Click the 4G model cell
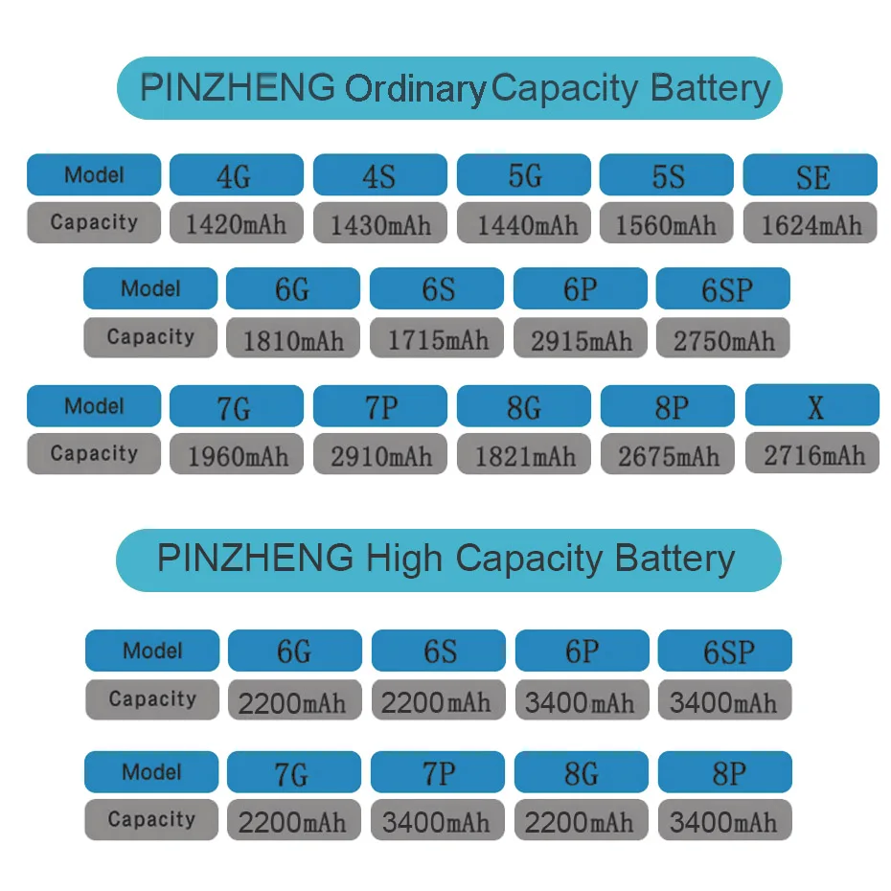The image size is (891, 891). tap(236, 175)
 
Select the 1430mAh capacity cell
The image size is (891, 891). tap(380, 224)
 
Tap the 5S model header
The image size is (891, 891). tap(667, 175)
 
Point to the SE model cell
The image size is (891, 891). tap(811, 175)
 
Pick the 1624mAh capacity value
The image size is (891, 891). tap(811, 224)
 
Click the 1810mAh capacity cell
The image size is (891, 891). tap(293, 339)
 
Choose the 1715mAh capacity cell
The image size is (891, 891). tap(437, 339)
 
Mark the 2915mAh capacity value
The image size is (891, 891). tap(581, 339)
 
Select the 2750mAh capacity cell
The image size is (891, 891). tap(723, 339)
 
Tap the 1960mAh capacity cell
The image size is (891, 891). tap(237, 455)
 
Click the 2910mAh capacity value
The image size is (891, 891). tap(380, 455)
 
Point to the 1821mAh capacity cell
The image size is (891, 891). tap(524, 455)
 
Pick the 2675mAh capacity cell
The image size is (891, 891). tap(668, 455)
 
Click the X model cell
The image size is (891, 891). tap(812, 406)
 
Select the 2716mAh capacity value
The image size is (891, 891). tap(812, 453)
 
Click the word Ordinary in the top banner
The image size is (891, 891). tap(415, 89)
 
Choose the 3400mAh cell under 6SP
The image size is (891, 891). tap(724, 701)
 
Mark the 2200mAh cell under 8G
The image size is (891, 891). tap(582, 821)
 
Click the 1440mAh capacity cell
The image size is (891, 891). tap(524, 224)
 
